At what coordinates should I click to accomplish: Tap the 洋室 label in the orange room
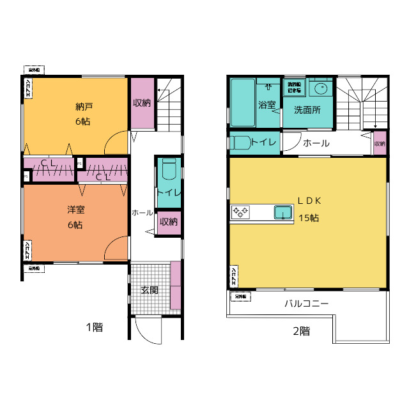[x=76, y=210]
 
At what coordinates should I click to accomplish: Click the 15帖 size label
[x=309, y=217]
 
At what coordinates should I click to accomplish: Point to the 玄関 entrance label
[x=150, y=289]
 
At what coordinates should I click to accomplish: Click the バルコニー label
[x=307, y=303]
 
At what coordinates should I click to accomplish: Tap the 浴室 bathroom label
[x=266, y=105]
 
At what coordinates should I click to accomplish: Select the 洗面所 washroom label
[x=307, y=109]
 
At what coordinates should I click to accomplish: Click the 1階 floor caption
[x=95, y=328]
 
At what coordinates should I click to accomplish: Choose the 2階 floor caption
[x=302, y=331]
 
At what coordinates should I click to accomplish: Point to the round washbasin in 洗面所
[x=321, y=88]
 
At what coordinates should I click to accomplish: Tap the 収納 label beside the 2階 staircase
[x=380, y=144]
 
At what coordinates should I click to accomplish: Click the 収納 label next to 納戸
[x=142, y=102]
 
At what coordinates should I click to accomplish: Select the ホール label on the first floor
[x=142, y=212]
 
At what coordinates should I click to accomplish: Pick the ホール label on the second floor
[x=316, y=143]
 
